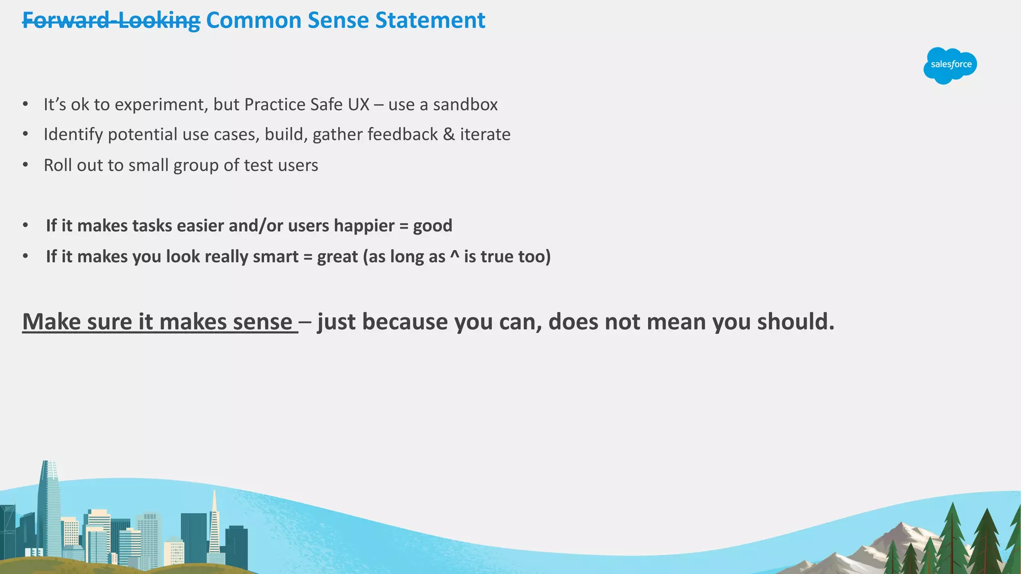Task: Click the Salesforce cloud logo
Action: click(950, 65)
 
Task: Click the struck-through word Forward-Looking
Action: click(111, 21)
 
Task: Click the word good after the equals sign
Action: click(432, 226)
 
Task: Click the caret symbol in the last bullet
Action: click(454, 255)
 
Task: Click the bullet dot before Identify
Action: click(25, 135)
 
